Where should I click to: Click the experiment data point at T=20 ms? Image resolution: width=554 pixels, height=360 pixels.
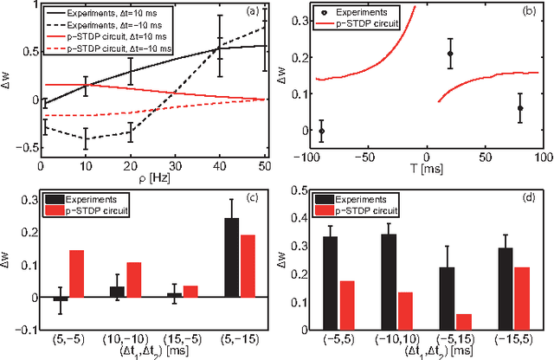(450, 54)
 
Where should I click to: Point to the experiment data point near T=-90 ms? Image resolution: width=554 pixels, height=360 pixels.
(322, 131)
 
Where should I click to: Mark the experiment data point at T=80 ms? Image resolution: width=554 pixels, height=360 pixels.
(520, 108)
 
